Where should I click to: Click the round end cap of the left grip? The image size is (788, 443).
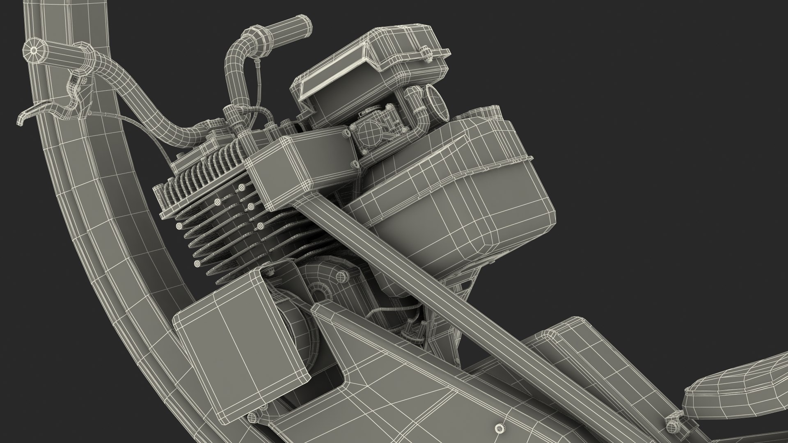(32, 50)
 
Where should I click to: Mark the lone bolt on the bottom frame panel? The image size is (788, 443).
(499, 425)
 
